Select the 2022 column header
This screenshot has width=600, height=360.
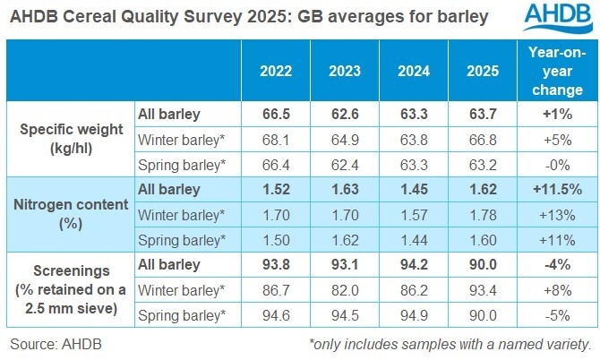(276, 71)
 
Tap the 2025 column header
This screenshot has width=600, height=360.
(484, 71)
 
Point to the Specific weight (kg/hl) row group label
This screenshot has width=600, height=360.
(69, 139)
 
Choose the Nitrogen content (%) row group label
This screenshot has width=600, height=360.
(69, 214)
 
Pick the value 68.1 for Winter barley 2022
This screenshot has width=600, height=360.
(276, 139)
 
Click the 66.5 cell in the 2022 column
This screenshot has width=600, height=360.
(276, 114)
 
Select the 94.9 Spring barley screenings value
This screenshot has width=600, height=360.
(416, 314)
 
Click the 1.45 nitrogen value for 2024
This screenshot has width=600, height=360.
(416, 189)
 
